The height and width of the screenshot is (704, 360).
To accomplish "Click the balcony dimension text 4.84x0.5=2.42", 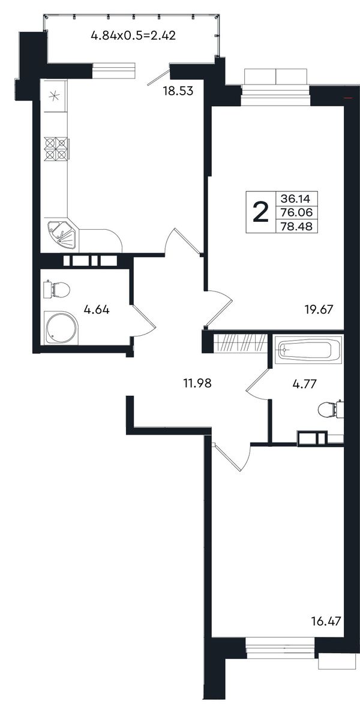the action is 133,35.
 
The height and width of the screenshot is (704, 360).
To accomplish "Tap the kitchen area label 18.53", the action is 178,92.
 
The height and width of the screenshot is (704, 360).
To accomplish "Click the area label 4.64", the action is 97,309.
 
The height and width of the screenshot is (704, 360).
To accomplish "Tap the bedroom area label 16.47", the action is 326,621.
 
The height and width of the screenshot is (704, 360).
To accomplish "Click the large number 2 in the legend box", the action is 260,212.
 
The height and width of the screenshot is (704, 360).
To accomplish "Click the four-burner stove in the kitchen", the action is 56,149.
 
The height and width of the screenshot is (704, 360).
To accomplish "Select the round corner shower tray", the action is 61,328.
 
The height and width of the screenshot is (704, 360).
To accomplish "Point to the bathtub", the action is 307,350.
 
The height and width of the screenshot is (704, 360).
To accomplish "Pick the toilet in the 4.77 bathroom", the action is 331,410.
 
